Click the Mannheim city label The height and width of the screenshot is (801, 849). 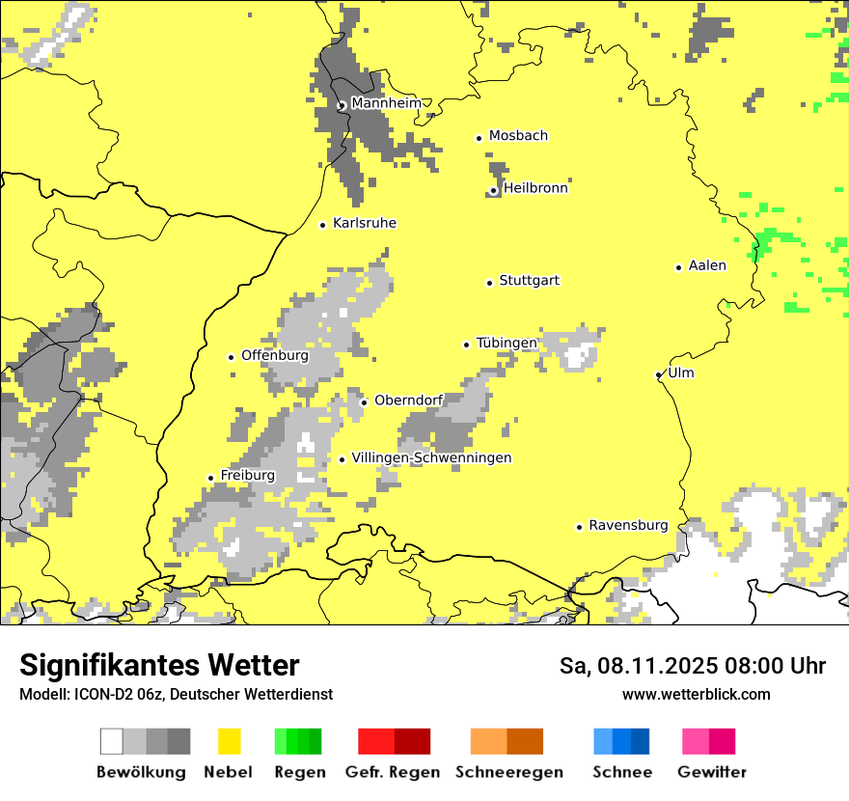[x=386, y=103]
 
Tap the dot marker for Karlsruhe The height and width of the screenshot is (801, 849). [x=323, y=225]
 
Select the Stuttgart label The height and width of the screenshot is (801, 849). [x=529, y=281]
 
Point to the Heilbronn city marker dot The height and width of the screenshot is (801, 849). [x=493, y=190]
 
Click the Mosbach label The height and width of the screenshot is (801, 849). [x=518, y=136]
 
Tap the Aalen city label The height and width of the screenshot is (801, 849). [x=707, y=265]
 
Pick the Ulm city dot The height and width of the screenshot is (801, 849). [x=659, y=374]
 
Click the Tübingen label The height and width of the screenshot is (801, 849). [x=507, y=344]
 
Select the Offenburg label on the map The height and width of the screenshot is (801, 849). [x=275, y=355]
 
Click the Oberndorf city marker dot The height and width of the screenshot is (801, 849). [x=364, y=402]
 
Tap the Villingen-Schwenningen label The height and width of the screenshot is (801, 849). [x=431, y=457]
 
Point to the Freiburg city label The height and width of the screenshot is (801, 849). [x=247, y=475]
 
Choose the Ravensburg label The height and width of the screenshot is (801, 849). [x=628, y=525]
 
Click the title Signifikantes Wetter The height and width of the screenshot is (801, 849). [x=159, y=665]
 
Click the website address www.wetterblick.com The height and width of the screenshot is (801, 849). [x=696, y=694]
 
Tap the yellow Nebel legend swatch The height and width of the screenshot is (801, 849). [x=229, y=741]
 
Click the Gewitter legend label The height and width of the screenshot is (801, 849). [x=711, y=772]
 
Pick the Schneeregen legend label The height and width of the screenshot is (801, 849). [x=508, y=772]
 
